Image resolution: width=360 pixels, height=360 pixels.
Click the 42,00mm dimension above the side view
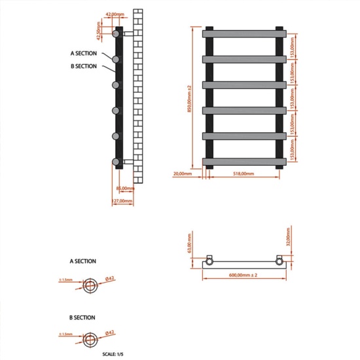[115, 14]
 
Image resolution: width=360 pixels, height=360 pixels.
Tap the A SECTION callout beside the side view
[83, 52]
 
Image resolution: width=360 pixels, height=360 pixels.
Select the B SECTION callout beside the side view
[83, 66]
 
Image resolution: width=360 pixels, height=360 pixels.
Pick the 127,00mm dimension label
[122, 201]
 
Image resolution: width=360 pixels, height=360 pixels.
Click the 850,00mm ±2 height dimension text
[188, 98]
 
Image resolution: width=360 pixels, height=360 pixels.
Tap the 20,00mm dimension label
[183, 173]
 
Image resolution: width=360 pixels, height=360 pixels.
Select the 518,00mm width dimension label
[243, 173]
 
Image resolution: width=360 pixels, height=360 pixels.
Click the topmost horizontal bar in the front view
[245, 33]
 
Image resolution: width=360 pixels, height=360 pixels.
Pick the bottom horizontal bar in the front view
[245, 160]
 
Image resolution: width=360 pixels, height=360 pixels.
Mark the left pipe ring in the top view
[210, 260]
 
